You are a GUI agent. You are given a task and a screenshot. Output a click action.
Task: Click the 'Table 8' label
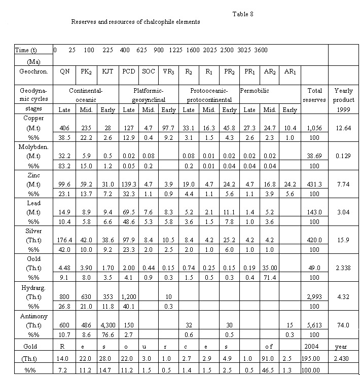(x=243, y=14)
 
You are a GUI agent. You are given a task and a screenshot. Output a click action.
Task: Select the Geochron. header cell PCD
(x=128, y=71)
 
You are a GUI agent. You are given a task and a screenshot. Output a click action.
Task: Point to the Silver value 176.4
(x=64, y=240)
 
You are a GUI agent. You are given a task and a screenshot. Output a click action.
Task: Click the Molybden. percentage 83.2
(x=64, y=165)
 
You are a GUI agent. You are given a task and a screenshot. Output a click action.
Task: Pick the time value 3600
(x=261, y=50)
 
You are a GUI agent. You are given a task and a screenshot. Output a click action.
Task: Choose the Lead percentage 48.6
(x=128, y=221)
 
